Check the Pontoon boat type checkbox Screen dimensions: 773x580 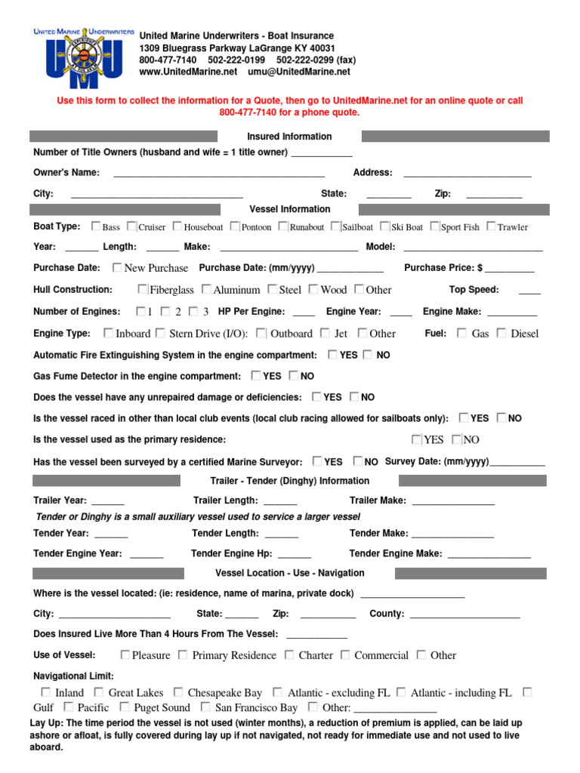[235, 226]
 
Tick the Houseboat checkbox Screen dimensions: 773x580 [177, 226]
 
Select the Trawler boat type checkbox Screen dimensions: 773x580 [492, 226]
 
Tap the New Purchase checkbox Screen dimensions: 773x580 [117, 267]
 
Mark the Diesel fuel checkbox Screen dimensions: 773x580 [501, 333]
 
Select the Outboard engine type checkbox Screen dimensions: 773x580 [261, 333]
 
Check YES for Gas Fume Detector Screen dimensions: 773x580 [257, 375]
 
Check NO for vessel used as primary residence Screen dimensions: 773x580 [456, 439]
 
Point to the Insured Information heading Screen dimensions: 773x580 [289, 137]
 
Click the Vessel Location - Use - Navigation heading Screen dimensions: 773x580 [289, 573]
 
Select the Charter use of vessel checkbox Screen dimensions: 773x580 [290, 655]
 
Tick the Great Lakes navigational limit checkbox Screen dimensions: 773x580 [99, 692]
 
